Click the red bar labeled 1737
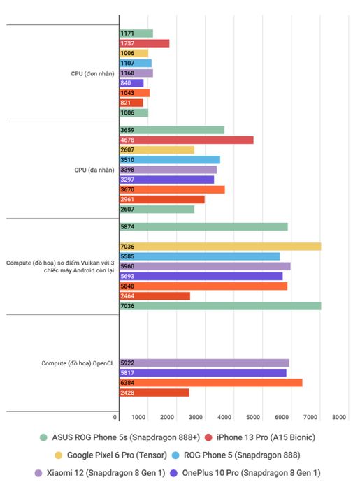tap(145, 43)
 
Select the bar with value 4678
tap(187, 140)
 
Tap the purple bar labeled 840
tap(131, 83)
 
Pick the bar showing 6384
tap(211, 383)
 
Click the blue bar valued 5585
tap(200, 256)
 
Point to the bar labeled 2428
tap(154, 393)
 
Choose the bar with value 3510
tap(170, 160)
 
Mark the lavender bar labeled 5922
tap(204, 363)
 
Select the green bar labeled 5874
tap(203, 227)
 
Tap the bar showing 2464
tap(154, 296)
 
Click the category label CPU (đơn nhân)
tap(92, 73)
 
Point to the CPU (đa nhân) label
tap(94, 170)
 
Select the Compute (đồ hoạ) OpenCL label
tap(78, 363)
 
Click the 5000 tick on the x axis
tap(253, 417)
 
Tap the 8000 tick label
tap(339, 417)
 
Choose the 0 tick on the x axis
tap(115, 417)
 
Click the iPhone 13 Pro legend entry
tap(260, 437)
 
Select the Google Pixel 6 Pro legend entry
tap(110, 455)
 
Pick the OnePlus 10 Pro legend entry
tap(245, 473)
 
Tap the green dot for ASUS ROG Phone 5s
tap(43, 437)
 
